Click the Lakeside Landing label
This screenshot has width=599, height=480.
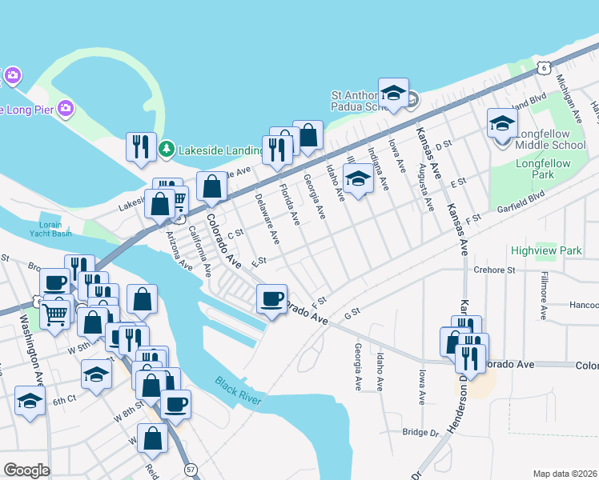221,149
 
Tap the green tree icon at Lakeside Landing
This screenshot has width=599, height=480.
167,149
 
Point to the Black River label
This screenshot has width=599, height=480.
238,390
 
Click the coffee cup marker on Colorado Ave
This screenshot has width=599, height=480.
271,299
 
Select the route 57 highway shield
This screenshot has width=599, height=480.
190,466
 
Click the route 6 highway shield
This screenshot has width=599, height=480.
544,68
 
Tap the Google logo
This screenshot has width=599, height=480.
26,470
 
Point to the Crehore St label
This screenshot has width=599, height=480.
493,270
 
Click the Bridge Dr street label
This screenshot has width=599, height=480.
420,432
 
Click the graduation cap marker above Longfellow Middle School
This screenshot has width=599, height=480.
502,124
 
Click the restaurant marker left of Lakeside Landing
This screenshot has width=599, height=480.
140,146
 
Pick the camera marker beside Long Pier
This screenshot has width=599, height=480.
66,107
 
